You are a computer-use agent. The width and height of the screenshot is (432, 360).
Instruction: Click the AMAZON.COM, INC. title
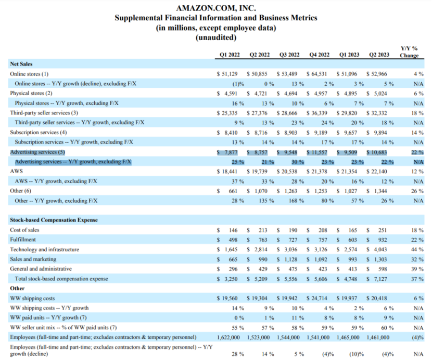click(215, 8)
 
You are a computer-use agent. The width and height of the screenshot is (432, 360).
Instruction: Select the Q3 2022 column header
click(289, 55)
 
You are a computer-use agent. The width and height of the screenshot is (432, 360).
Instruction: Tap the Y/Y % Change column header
click(409, 52)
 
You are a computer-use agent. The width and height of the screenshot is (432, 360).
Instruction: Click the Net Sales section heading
click(21, 64)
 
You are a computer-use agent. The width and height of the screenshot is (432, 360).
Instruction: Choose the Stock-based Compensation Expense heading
click(54, 220)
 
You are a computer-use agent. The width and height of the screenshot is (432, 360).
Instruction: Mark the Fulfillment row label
click(23, 240)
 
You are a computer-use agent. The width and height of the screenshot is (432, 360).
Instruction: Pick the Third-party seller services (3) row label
click(44, 113)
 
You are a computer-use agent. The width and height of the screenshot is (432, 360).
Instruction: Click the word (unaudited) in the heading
click(215, 37)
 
